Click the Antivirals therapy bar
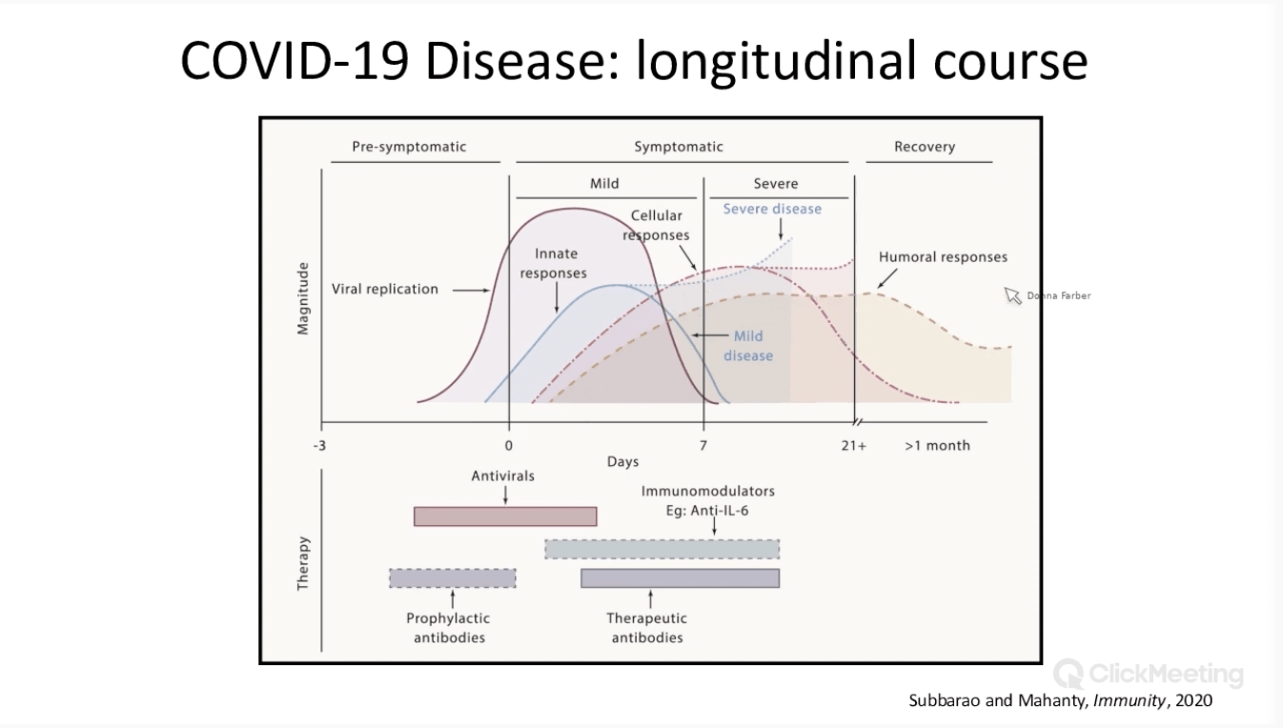pos(504,516)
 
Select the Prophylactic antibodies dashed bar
pos(452,577)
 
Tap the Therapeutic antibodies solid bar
pos(680,577)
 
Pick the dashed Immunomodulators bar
pos(662,549)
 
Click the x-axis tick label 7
pos(703,445)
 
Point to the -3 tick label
pos(319,445)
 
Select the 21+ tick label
pos(853,445)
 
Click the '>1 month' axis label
pos(937,445)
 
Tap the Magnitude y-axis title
pos(303,298)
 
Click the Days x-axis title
pos(622,462)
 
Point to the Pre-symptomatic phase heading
pos(409,147)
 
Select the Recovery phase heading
pos(924,147)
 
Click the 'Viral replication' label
pos(385,289)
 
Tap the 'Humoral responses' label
pos(942,257)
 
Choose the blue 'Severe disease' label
pos(772,209)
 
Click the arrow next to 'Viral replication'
pos(470,290)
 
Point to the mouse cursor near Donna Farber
pos(1011,294)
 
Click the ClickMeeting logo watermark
pos(1150,675)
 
